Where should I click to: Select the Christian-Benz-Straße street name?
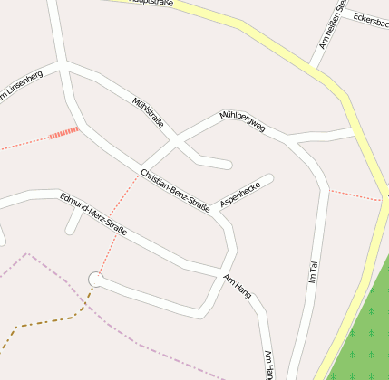pos(175,189)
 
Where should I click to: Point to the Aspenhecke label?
pos(240,193)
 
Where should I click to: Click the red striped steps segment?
pos(63,134)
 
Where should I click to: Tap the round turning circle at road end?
pos(96,279)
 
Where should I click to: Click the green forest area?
pos(363,326)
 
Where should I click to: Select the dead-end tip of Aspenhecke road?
pos(269,178)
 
